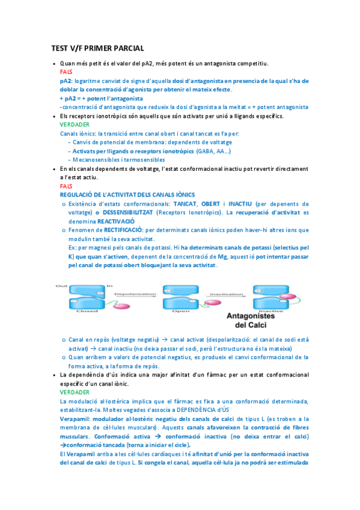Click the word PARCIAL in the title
[127, 48]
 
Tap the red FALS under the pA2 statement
[66, 72]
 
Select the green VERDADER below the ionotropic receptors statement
[75, 124]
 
